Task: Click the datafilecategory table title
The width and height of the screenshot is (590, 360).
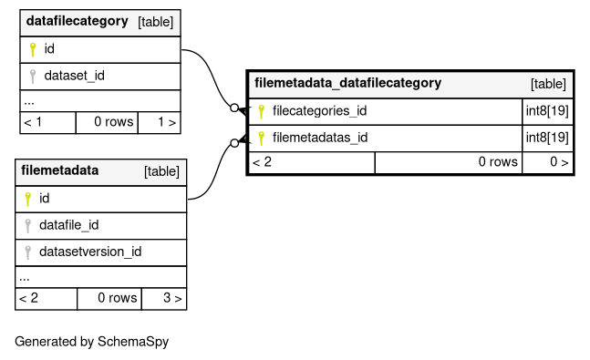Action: pyautogui.click(x=78, y=21)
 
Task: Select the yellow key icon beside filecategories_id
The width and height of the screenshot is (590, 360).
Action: pyautogui.click(x=261, y=111)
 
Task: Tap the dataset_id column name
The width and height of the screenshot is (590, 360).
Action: pyautogui.click(x=75, y=76)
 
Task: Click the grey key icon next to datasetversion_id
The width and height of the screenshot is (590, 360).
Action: pyautogui.click(x=27, y=252)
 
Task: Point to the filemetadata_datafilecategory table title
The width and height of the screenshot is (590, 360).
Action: pyautogui.click(x=348, y=83)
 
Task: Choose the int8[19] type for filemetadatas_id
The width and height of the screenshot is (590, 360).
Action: pyautogui.click(x=547, y=138)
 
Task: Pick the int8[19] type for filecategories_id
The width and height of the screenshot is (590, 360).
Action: pyautogui.click(x=547, y=111)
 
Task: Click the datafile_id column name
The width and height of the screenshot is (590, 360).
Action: pyautogui.click(x=69, y=225)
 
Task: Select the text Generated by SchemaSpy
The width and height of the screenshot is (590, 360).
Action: pyautogui.click(x=92, y=342)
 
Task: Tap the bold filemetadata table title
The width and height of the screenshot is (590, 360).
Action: pyautogui.click(x=60, y=170)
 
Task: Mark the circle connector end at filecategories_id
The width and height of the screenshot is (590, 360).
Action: pyautogui.click(x=234, y=108)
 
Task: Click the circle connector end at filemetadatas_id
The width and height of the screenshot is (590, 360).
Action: pyautogui.click(x=234, y=143)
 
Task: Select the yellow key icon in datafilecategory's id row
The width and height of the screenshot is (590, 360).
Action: pyautogui.click(x=33, y=49)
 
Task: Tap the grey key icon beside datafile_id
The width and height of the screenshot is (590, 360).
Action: pyautogui.click(x=27, y=226)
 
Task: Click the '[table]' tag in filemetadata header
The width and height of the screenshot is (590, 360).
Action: pyautogui.click(x=161, y=171)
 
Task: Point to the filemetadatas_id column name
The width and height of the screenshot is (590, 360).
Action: pyautogui.click(x=320, y=138)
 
